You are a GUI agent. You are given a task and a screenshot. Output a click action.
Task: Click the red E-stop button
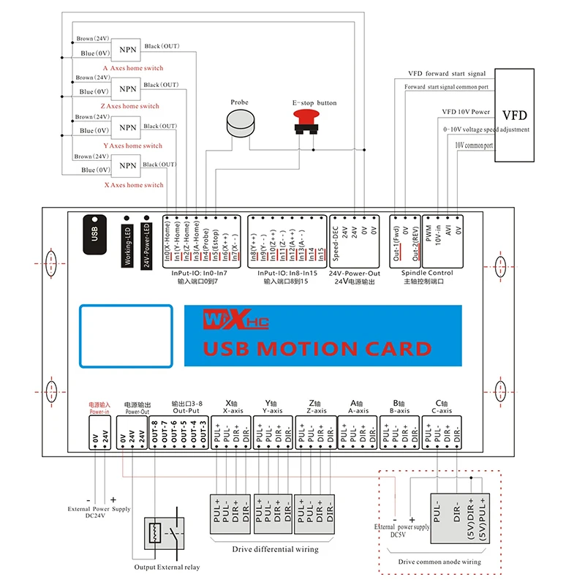pos(305,121)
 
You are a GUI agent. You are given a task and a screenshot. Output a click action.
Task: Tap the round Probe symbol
pos(239,125)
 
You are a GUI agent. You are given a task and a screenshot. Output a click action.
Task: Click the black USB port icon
pos(94,234)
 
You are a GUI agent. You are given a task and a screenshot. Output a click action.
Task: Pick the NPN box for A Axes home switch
pos(128,49)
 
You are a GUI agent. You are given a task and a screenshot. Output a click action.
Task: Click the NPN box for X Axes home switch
pos(128,167)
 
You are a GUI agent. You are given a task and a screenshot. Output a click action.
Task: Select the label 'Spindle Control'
pos(428,273)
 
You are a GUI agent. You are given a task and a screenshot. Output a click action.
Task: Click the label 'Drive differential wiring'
pos(275,549)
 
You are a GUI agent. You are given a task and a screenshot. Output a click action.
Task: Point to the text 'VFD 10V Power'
pos(466,112)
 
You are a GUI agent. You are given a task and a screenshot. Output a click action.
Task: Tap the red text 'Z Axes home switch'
pos(131,107)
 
